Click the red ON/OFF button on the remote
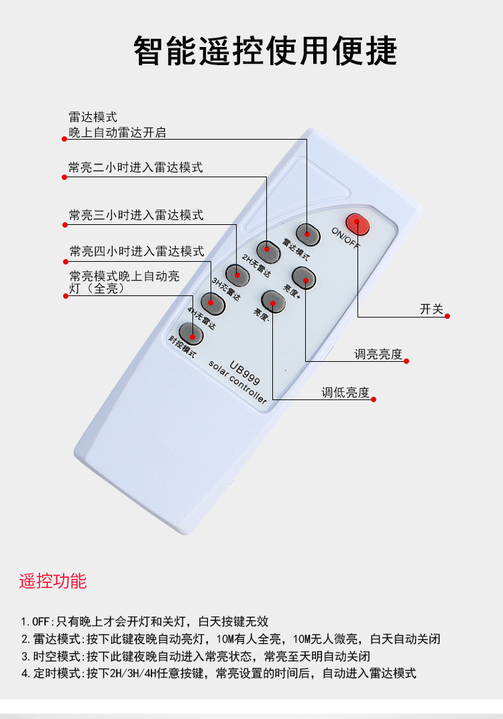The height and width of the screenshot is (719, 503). pyautogui.click(x=357, y=224)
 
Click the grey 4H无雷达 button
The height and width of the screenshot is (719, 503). pyautogui.click(x=212, y=303)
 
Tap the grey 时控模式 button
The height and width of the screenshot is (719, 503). pyautogui.click(x=191, y=332)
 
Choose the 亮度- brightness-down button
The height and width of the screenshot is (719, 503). pyautogui.click(x=273, y=301)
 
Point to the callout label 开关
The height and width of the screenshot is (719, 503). pyautogui.click(x=431, y=309)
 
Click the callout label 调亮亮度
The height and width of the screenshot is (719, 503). pyautogui.click(x=379, y=354)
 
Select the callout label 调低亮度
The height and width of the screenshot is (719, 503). pyautogui.click(x=345, y=393)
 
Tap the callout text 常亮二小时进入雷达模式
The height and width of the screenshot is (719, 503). pyautogui.click(x=135, y=168)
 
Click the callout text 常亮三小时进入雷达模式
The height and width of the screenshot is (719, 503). pyautogui.click(x=136, y=215)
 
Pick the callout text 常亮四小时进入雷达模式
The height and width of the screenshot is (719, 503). pyautogui.click(x=137, y=252)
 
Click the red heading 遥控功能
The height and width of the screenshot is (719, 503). pyautogui.click(x=53, y=581)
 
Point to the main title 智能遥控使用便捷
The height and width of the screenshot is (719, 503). pyautogui.click(x=265, y=50)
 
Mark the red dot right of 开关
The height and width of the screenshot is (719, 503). pyautogui.click(x=447, y=316)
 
